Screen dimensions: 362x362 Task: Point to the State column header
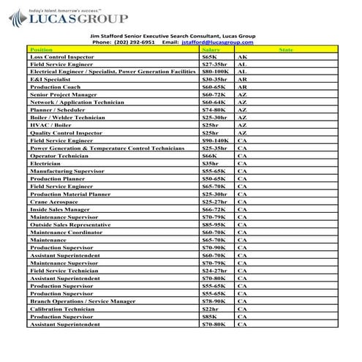(286, 50)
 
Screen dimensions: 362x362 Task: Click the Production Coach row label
(55, 87)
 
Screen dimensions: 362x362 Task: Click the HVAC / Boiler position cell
(51, 126)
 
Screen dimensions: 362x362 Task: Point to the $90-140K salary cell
(215, 140)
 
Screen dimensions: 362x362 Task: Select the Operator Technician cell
(59, 156)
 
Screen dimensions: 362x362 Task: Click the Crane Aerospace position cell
(55, 201)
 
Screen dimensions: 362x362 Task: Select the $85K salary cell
(209, 316)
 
